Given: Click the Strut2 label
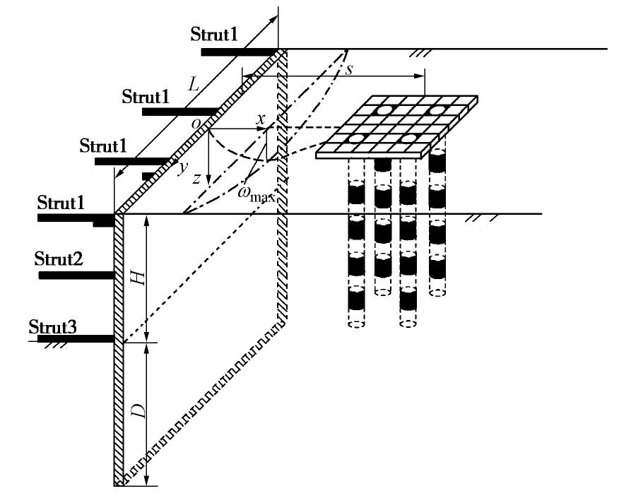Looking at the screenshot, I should click(59, 260).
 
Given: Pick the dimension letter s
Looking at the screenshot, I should click(348, 69).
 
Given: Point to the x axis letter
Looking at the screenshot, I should click(261, 119).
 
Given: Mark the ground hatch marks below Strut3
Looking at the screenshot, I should click(49, 345).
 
